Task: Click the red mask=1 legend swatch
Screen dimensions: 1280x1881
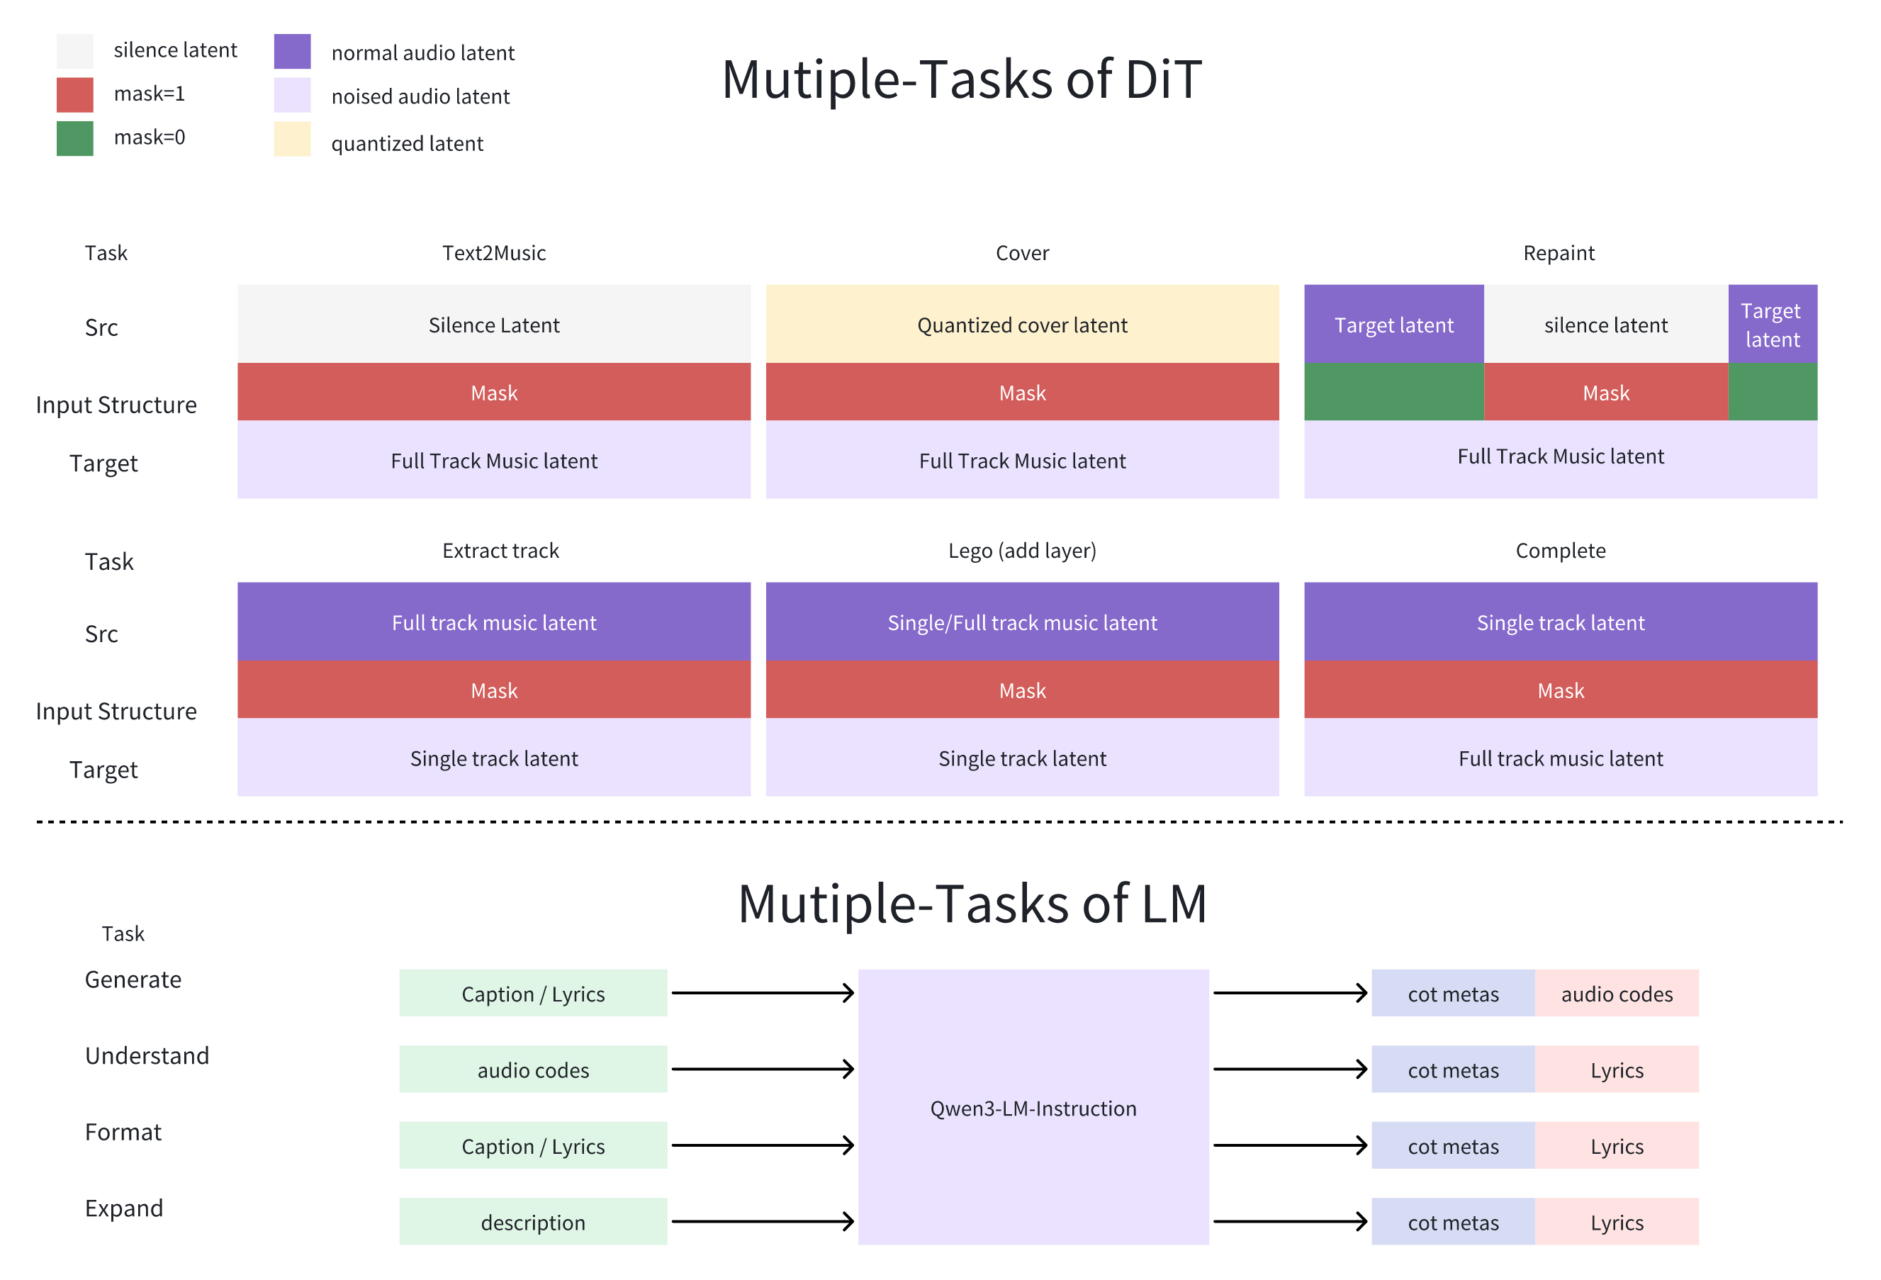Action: click(74, 95)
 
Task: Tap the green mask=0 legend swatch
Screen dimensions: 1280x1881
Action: click(74, 138)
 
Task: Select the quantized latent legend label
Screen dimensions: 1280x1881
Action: click(406, 143)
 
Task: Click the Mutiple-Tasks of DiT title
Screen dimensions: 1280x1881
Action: click(961, 79)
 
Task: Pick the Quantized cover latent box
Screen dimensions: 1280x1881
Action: click(1021, 324)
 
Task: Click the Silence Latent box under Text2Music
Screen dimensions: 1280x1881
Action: click(494, 324)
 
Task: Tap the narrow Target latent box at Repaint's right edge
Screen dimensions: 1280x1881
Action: click(1772, 324)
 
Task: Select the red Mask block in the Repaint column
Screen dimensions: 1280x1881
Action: click(1605, 393)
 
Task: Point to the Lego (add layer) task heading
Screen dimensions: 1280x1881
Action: click(1021, 551)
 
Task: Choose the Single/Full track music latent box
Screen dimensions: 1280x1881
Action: click(1021, 622)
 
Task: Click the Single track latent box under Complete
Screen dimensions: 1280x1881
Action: click(1560, 622)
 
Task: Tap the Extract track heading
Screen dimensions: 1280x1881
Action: click(500, 551)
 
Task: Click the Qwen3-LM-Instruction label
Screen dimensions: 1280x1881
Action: click(1033, 1108)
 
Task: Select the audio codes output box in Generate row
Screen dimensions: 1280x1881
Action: click(1617, 994)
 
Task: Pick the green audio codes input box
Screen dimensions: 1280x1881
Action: click(532, 1070)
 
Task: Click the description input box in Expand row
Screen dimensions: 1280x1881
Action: click(532, 1222)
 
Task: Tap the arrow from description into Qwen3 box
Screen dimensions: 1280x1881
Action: click(763, 1221)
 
